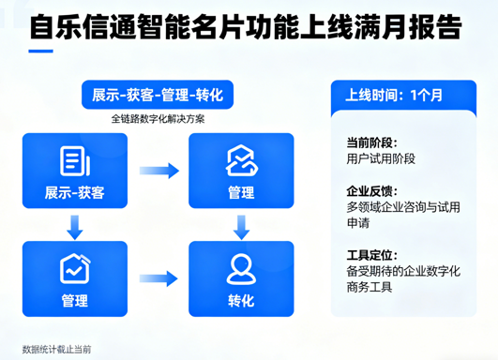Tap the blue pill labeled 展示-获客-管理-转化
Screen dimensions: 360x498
(157, 96)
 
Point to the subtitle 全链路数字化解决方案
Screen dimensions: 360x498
(157, 120)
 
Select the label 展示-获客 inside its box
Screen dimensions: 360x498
(74, 193)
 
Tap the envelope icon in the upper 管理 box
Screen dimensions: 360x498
(241, 160)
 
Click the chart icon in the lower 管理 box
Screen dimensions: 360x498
(74, 267)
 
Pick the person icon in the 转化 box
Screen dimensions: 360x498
(241, 267)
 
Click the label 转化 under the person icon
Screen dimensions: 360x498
(241, 301)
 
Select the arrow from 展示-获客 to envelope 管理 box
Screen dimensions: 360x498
(158, 171)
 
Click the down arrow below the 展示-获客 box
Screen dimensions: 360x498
(74, 225)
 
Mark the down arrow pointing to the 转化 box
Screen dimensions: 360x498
(241, 225)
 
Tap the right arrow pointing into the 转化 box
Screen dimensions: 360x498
(158, 278)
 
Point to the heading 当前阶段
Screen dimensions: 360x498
(371, 142)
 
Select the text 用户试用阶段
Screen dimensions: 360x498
(385, 158)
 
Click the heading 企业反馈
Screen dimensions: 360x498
(371, 190)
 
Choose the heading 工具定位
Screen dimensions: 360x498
(371, 254)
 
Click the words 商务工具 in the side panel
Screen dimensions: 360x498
(370, 287)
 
